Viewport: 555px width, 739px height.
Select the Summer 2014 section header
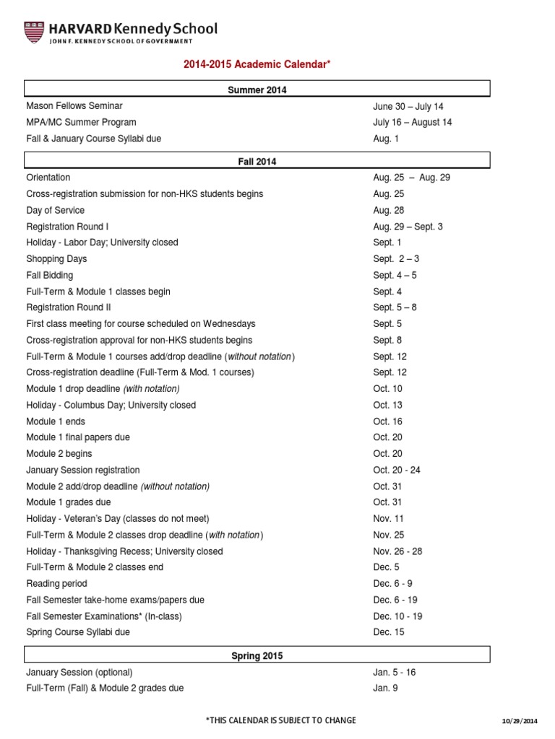pyautogui.click(x=257, y=89)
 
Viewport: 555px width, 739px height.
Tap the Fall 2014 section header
pyautogui.click(x=257, y=162)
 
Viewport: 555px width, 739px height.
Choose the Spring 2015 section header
pyautogui.click(x=257, y=656)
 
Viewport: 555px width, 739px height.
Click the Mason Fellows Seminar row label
pyautogui.click(x=75, y=106)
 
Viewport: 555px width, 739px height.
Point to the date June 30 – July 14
pyautogui.click(x=408, y=106)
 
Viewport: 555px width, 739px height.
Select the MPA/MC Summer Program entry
pyautogui.click(x=81, y=122)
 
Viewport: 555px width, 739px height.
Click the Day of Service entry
pyautogui.click(x=55, y=210)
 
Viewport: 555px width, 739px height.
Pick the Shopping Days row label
pyautogui.click(x=56, y=258)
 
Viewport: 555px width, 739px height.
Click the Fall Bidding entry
pyautogui.click(x=49, y=275)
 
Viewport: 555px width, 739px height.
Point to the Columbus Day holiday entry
pyautogui.click(x=111, y=405)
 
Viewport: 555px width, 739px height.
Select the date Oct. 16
pyautogui.click(x=388, y=421)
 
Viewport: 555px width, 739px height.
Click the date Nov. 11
pyautogui.click(x=389, y=519)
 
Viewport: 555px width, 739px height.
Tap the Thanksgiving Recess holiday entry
pyautogui.click(x=124, y=551)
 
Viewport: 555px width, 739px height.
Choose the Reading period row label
pyautogui.click(x=56, y=583)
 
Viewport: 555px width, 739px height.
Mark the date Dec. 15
pyautogui.click(x=389, y=632)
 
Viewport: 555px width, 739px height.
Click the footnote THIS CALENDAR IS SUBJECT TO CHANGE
pyautogui.click(x=280, y=721)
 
